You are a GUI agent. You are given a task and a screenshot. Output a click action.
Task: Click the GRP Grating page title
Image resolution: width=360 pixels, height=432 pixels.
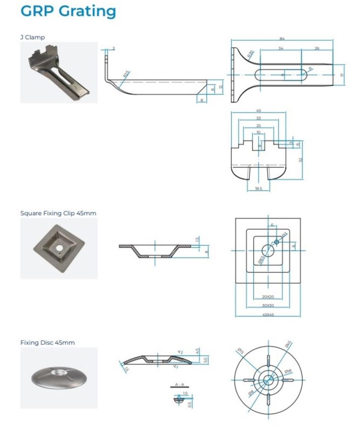pyautogui.click(x=68, y=11)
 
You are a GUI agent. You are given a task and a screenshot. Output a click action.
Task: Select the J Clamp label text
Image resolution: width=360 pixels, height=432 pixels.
pyautogui.click(x=32, y=38)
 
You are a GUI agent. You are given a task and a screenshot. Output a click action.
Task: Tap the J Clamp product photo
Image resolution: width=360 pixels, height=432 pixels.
pyautogui.click(x=59, y=72)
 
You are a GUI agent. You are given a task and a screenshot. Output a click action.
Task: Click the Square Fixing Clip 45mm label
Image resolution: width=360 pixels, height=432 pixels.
pyautogui.click(x=58, y=213)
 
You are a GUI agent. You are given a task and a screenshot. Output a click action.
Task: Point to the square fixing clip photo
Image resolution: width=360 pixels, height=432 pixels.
pyautogui.click(x=59, y=248)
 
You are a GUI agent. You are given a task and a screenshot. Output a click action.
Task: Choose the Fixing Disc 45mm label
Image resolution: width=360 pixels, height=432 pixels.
pyautogui.click(x=47, y=343)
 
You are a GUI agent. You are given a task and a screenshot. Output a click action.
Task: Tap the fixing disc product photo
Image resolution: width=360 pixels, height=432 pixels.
pyautogui.click(x=59, y=377)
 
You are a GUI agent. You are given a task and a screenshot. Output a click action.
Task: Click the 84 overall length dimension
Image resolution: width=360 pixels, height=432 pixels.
pyautogui.click(x=282, y=39)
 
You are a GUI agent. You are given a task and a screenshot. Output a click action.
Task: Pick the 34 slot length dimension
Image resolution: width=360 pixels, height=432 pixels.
pyautogui.click(x=281, y=49)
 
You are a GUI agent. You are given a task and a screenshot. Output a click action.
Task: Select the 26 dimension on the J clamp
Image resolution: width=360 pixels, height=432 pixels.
pyautogui.click(x=317, y=49)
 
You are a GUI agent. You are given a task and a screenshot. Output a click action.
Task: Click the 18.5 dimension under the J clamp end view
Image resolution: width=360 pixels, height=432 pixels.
pyautogui.click(x=258, y=189)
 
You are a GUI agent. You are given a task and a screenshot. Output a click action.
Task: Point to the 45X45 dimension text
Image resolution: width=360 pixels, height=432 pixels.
pyautogui.click(x=268, y=314)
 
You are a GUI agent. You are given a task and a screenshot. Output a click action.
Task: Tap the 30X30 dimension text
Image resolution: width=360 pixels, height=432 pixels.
pyautogui.click(x=268, y=305)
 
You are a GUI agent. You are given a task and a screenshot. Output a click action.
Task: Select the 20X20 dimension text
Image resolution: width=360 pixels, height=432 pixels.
pyautogui.click(x=268, y=297)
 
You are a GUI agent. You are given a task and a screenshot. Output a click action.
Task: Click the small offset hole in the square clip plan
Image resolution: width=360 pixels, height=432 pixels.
pyautogui.click(x=277, y=242)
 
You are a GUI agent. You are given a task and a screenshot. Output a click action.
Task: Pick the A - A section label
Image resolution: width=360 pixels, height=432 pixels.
pyautogui.click(x=180, y=385)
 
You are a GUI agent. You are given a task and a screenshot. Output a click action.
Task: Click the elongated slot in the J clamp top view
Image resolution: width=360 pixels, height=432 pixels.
pyautogui.click(x=281, y=75)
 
